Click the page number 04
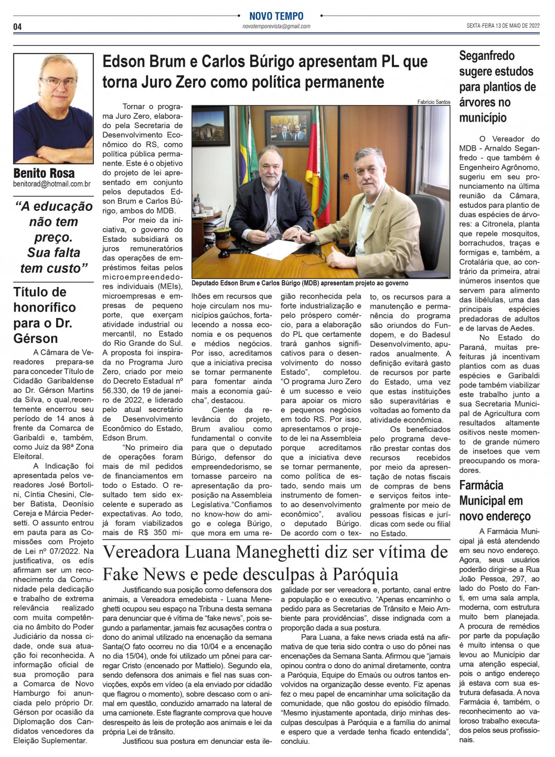[17, 27]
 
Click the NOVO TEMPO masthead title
[276, 16]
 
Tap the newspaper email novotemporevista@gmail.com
[276, 26]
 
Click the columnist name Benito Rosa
[44, 173]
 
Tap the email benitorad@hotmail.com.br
[52, 184]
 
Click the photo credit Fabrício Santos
[434, 102]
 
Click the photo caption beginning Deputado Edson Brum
[300, 282]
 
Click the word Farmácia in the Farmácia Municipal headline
[481, 485]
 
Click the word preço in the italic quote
[54, 237]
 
